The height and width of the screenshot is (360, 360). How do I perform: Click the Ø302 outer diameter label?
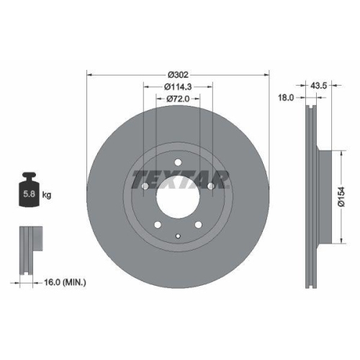pyautogui.click(x=177, y=74)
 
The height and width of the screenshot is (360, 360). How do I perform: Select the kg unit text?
pyautogui.click(x=47, y=194)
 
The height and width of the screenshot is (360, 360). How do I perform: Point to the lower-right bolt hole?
pyautogui.click(x=197, y=225)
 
